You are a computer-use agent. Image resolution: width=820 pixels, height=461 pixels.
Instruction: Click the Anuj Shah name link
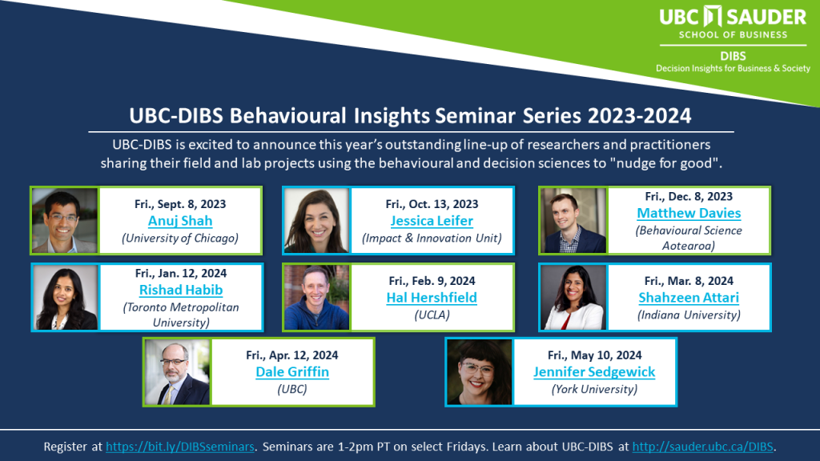point(180,221)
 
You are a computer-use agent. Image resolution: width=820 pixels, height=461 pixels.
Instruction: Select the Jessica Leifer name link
point(432,221)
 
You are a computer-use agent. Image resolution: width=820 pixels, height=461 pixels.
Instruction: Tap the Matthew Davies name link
point(689,213)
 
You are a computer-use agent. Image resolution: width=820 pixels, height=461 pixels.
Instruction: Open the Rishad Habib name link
point(181,290)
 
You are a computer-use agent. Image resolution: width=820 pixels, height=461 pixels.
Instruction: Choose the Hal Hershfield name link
point(432,298)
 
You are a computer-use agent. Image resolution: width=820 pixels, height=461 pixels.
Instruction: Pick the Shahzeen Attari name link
point(689,298)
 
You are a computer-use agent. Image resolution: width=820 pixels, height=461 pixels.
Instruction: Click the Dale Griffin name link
point(292,372)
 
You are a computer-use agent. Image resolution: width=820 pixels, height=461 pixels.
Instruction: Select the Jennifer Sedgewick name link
point(594,372)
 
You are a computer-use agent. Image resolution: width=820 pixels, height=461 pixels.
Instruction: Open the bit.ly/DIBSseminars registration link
point(180,447)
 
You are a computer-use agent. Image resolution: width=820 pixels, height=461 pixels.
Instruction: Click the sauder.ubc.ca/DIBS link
point(703,447)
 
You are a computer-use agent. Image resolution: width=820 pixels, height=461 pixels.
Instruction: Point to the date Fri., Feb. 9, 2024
point(432,281)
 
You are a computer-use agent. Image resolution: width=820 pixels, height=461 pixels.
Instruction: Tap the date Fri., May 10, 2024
point(595,355)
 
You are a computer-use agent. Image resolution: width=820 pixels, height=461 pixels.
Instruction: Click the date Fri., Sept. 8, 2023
point(180,204)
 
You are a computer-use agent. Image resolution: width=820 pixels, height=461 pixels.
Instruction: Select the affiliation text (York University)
point(595,390)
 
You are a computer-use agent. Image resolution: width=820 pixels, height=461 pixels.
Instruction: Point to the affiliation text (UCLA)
point(432,315)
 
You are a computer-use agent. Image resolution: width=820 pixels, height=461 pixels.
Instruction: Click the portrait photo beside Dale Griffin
point(177,372)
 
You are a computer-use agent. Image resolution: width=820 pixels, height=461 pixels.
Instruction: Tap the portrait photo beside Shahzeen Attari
point(573,298)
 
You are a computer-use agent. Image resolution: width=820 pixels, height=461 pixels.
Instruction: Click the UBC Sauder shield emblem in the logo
point(712,16)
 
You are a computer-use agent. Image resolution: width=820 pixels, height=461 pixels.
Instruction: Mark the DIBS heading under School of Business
point(733,57)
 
